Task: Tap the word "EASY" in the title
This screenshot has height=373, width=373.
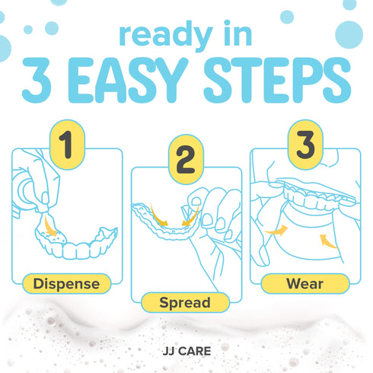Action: (129, 80)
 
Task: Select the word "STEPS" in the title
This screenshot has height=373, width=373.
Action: (277, 80)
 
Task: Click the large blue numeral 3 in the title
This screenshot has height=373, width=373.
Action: (37, 80)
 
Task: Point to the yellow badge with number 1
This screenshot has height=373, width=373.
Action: (67, 145)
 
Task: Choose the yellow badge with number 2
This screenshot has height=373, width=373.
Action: (186, 159)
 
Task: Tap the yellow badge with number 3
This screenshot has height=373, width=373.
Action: (305, 145)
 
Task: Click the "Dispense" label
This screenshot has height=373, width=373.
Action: (67, 284)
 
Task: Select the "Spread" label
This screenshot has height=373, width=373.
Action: (185, 302)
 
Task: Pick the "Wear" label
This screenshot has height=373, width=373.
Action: (305, 284)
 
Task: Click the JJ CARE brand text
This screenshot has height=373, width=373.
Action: (186, 351)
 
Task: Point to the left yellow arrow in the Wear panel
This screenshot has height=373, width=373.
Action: (277, 231)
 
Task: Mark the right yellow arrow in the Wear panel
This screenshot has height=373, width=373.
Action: (328, 241)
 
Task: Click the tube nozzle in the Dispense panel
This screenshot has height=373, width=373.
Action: (43, 209)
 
